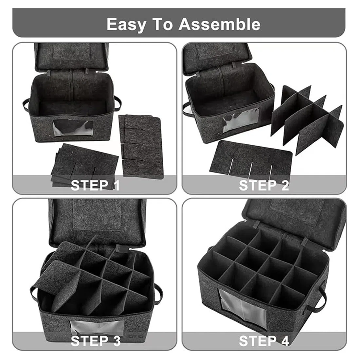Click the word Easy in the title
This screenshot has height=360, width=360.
click(x=126, y=25)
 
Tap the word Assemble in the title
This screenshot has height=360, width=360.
click(x=220, y=24)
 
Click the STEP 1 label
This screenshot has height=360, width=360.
click(x=95, y=186)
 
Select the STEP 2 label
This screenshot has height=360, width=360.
click(x=264, y=186)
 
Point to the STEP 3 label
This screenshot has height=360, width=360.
click(x=96, y=341)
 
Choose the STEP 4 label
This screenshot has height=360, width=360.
click(x=264, y=341)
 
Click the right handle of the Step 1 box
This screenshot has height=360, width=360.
click(x=118, y=103)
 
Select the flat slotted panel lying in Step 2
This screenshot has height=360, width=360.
click(x=251, y=158)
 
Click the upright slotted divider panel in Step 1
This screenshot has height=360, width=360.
click(x=141, y=146)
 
